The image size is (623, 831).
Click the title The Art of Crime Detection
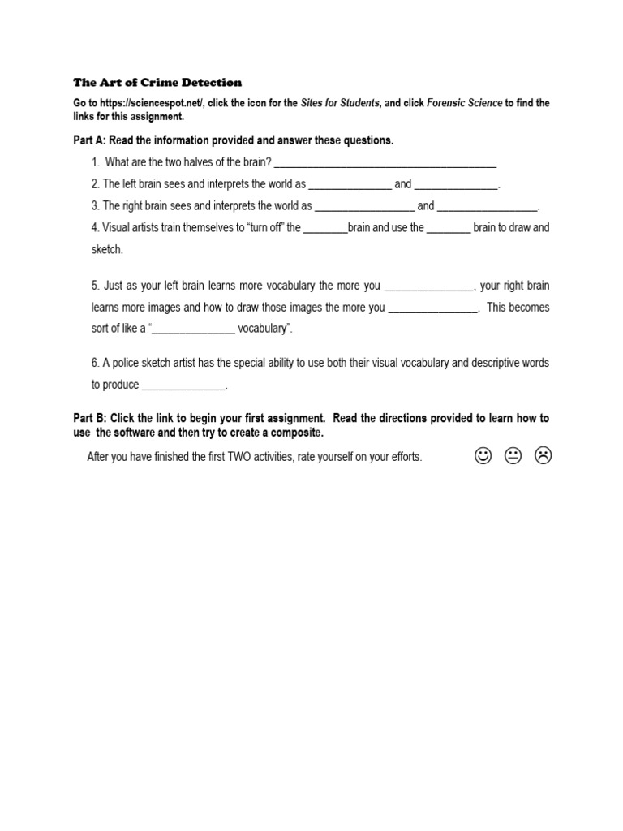(x=157, y=82)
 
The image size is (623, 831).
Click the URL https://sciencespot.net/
(x=153, y=104)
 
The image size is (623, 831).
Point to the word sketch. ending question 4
(x=107, y=250)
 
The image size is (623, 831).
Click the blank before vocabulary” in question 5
(x=194, y=329)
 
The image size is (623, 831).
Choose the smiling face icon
(x=483, y=457)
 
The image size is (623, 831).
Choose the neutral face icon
(x=513, y=457)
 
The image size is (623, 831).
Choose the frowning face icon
(x=543, y=457)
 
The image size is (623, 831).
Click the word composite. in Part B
(x=294, y=433)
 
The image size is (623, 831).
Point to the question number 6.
(x=95, y=364)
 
